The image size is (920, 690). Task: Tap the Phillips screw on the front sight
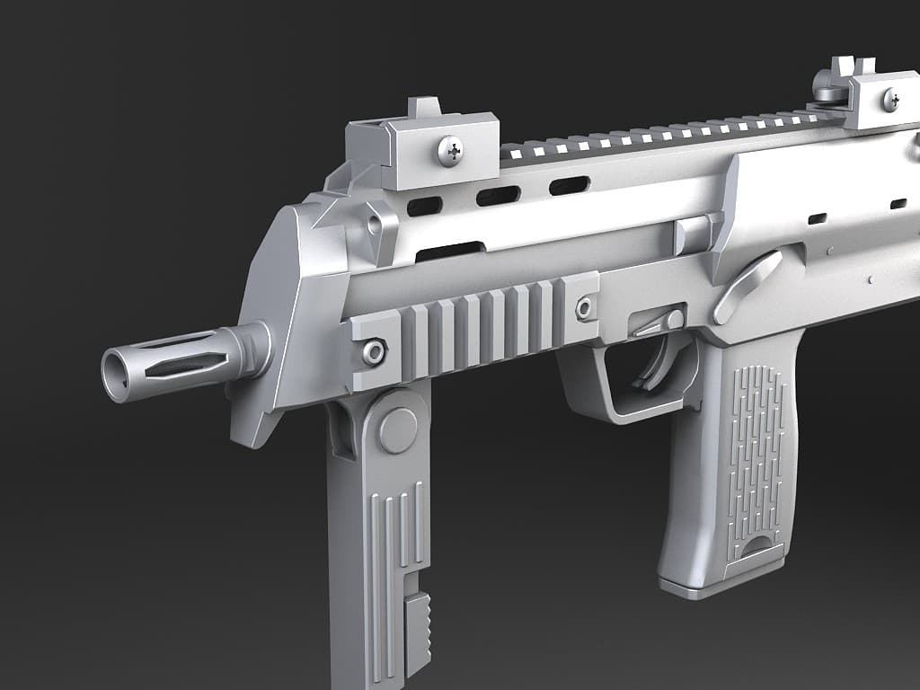pos(450,151)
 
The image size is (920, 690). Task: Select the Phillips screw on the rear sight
pos(890,100)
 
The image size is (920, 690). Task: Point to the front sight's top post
pos(424,106)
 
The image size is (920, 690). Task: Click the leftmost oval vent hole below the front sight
pos(424,207)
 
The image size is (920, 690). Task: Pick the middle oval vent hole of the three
pos(498,196)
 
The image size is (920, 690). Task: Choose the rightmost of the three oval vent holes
pos(569,186)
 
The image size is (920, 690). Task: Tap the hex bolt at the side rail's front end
pos(374,351)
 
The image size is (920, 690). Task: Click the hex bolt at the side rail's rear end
pos(585,309)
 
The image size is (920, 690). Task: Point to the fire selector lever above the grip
pos(746,286)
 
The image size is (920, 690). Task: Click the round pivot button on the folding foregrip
pos(397,430)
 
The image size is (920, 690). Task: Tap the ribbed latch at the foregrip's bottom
pos(417,632)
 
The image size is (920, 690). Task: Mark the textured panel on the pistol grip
pos(755,458)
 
